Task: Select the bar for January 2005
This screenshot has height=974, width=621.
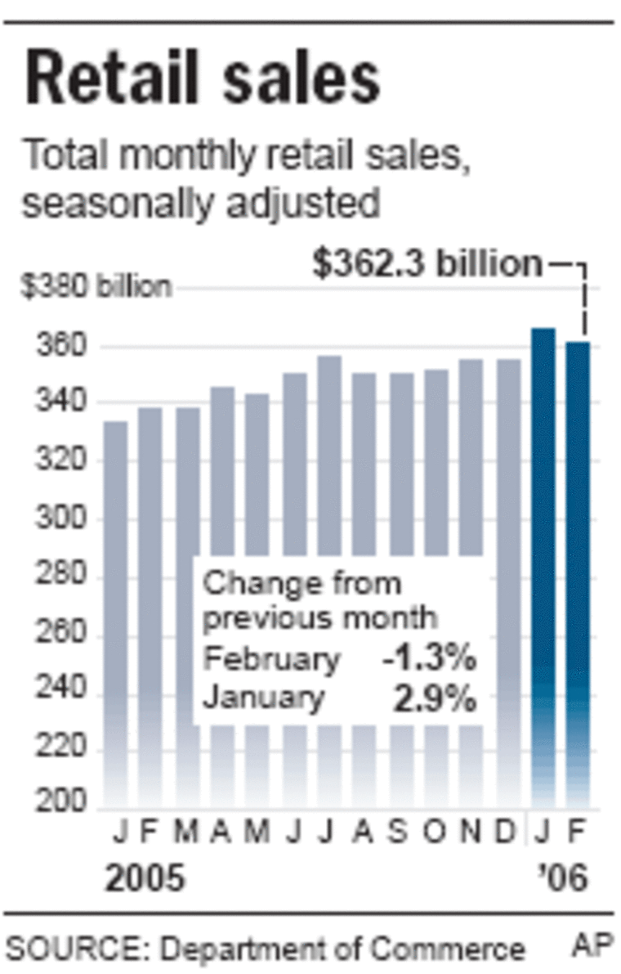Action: coord(115,613)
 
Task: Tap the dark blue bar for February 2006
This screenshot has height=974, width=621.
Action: coord(577,572)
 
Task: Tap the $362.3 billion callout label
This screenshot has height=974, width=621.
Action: coord(427,265)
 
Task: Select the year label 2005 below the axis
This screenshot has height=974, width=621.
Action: coord(146,879)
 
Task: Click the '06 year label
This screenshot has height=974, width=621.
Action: coord(564,879)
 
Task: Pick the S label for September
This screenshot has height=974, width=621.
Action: coord(399,835)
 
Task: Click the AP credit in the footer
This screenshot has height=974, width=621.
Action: coord(592,946)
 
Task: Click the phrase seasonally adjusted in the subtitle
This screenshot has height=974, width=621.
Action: coord(201,204)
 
